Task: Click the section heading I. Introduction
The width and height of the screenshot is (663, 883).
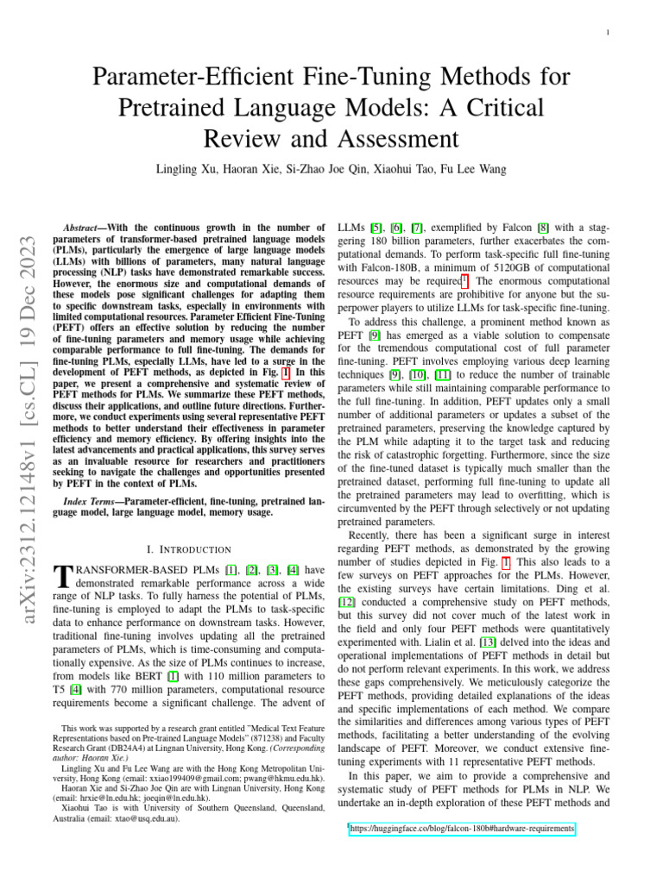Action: coord(189,548)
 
